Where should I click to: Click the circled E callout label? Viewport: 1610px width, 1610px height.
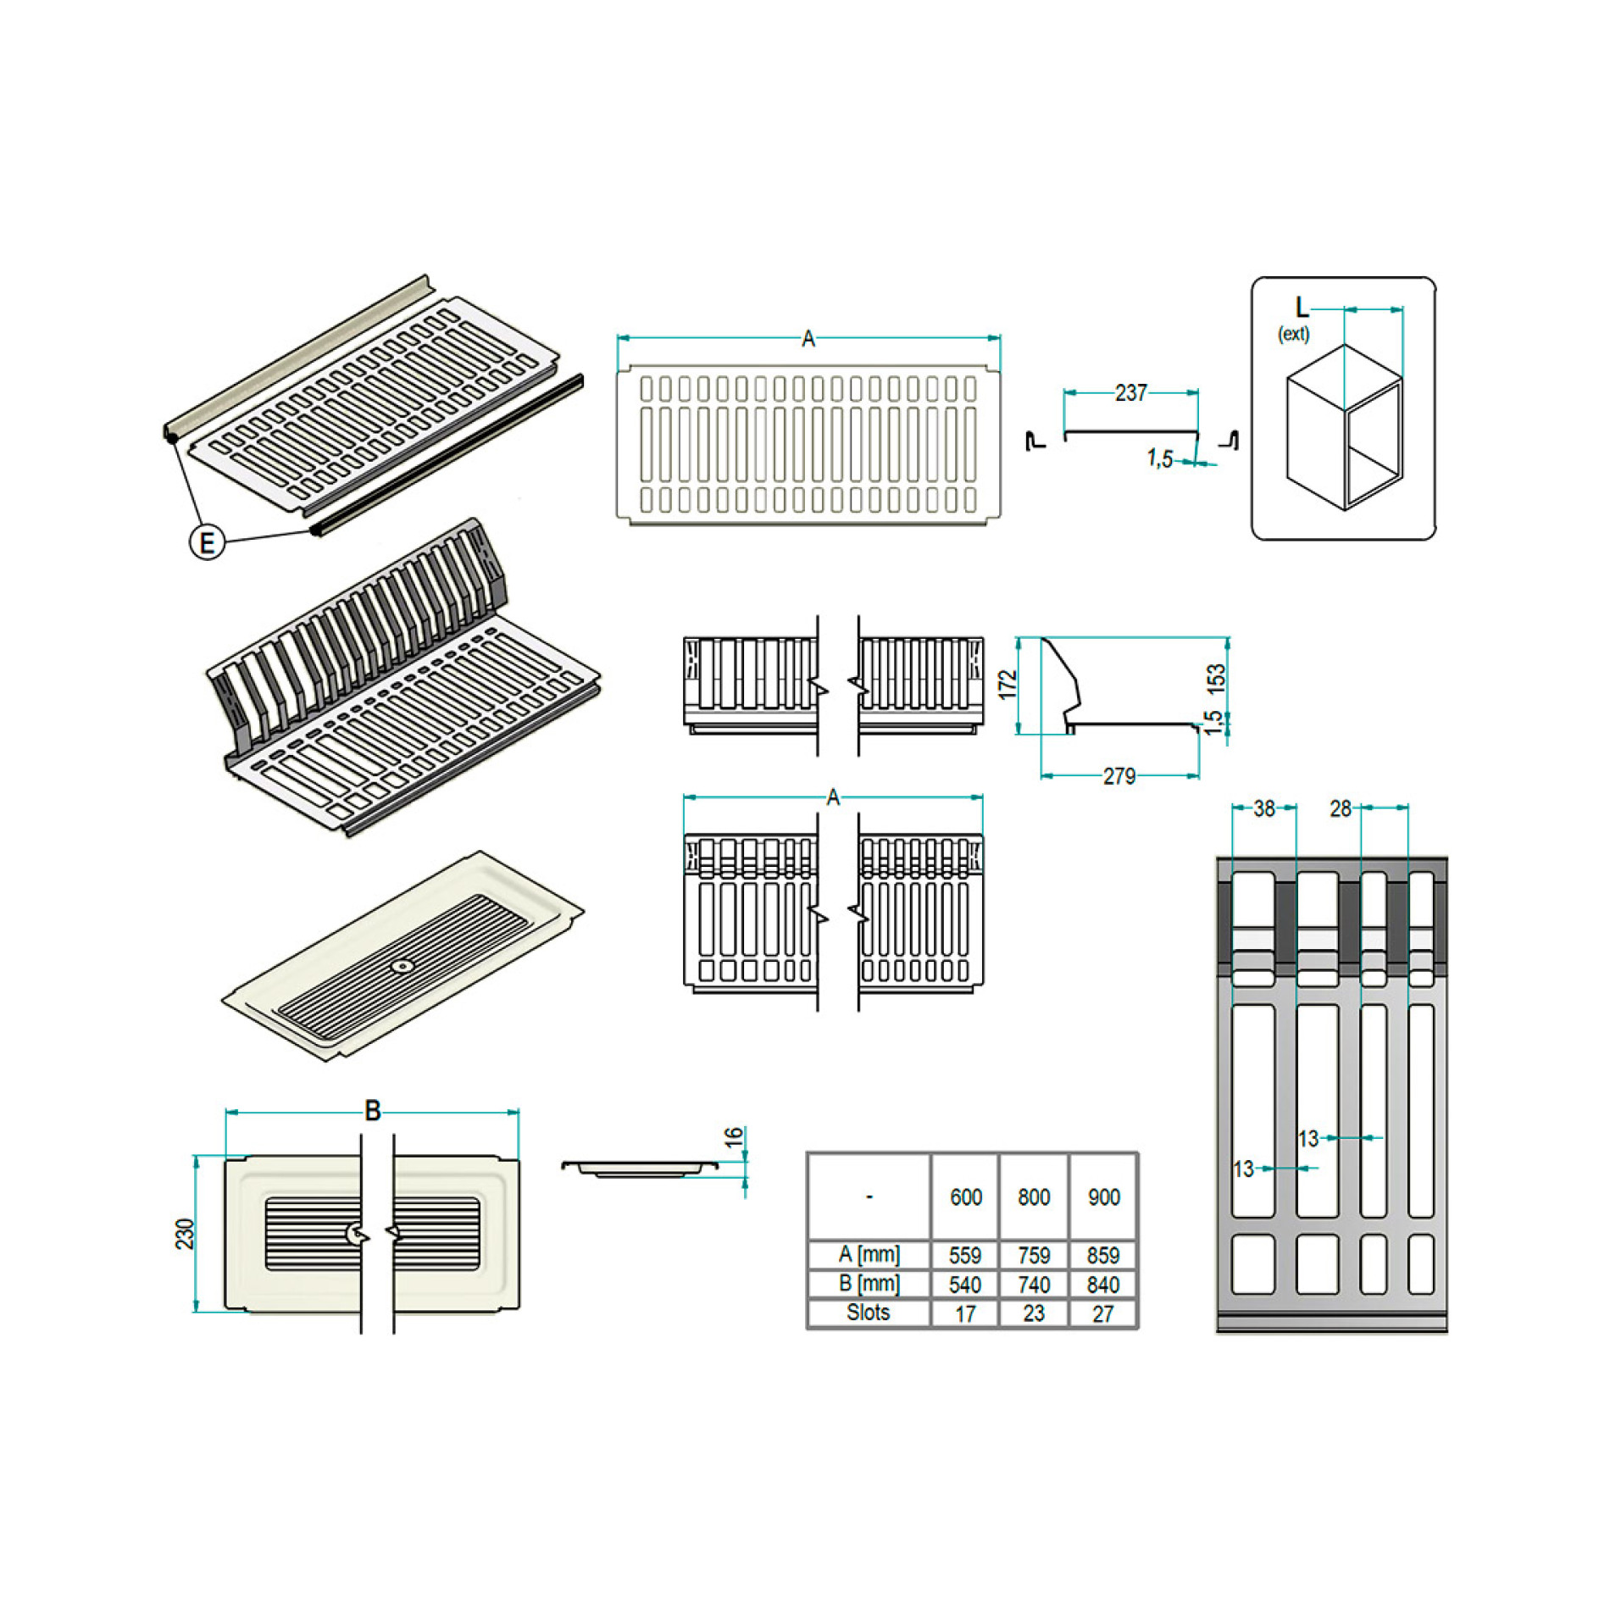(207, 541)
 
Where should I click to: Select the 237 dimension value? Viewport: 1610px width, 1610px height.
(1130, 393)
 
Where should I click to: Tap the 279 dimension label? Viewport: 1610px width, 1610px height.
(1119, 776)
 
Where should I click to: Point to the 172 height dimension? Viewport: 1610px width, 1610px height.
(1007, 685)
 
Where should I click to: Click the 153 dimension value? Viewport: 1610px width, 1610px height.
(1216, 679)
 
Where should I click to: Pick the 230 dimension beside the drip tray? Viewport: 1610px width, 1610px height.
(185, 1234)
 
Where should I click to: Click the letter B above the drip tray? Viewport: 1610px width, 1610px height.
(372, 1111)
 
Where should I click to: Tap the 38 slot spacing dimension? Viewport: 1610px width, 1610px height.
(1263, 809)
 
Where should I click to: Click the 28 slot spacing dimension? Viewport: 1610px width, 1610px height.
(1340, 809)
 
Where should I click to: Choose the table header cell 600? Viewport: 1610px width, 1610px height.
(965, 1197)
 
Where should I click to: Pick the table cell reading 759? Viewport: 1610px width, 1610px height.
(1034, 1255)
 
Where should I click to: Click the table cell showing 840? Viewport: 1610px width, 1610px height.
(1103, 1285)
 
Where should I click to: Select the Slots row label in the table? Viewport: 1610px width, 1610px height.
(868, 1313)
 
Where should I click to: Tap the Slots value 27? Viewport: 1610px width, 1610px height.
(1102, 1313)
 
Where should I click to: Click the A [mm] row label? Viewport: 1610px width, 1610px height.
(869, 1254)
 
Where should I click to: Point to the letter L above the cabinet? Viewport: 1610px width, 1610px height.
(1302, 307)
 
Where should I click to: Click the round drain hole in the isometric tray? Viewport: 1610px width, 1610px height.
(402, 966)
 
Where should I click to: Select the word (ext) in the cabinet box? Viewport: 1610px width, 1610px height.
(1293, 334)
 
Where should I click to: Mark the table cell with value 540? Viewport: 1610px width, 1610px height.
(965, 1285)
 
